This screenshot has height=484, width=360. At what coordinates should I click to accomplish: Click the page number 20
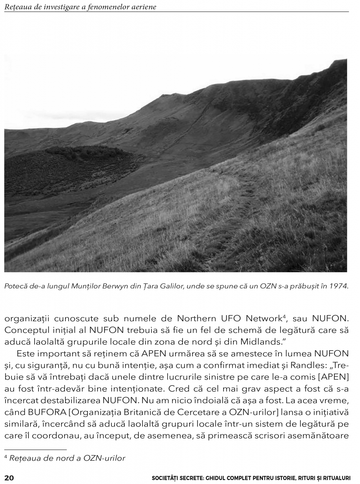point(9,478)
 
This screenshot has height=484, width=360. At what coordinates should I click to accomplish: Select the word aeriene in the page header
point(144,7)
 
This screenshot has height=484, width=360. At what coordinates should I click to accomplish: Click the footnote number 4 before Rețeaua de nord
point(6,457)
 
